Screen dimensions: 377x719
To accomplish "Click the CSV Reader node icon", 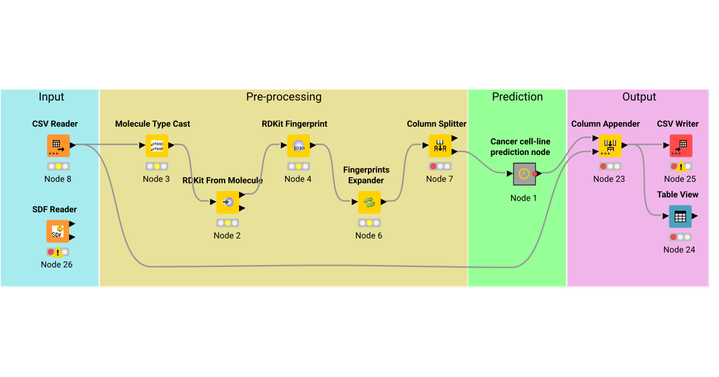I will click(x=58, y=145).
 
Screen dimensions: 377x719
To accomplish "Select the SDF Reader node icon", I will click(x=58, y=231).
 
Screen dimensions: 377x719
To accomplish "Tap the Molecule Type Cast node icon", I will click(x=157, y=145).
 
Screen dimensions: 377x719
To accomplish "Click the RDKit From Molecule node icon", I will click(x=228, y=202).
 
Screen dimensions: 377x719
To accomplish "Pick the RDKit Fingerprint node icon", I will click(x=298, y=145).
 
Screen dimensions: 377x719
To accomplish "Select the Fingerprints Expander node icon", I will click(x=369, y=202).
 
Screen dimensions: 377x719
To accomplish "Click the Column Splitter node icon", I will click(x=440, y=145).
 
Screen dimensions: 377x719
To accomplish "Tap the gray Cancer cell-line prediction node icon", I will click(x=524, y=174).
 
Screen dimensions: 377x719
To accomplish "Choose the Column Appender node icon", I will click(x=609, y=145).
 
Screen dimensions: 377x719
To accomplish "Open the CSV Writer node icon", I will click(x=681, y=145).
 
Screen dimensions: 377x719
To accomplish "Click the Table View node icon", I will click(x=680, y=217).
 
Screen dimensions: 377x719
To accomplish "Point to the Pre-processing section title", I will click(x=283, y=97).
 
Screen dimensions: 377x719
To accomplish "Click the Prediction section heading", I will click(x=517, y=97).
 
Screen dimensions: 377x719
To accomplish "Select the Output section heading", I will click(x=639, y=97).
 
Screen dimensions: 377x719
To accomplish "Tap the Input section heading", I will click(x=51, y=97).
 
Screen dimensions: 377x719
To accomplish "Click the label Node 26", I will click(x=56, y=264).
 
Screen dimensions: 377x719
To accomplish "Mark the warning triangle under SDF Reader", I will click(x=58, y=253).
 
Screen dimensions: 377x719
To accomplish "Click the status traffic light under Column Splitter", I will click(x=440, y=166).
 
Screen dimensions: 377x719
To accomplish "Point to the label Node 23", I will click(x=609, y=179).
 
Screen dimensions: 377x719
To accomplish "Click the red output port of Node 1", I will click(x=535, y=174).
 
